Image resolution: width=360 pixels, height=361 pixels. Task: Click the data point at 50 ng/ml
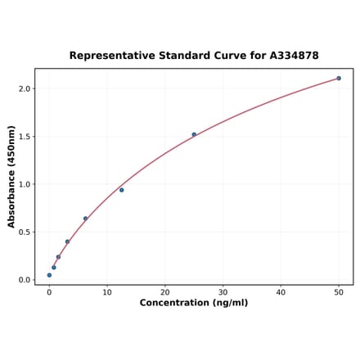tap(339, 79)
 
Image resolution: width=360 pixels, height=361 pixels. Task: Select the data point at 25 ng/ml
tap(194, 134)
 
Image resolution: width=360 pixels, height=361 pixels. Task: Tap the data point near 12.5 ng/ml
tap(122, 190)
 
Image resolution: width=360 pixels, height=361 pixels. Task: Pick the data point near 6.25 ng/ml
tap(85, 219)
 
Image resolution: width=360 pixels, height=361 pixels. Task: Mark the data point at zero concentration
tap(49, 275)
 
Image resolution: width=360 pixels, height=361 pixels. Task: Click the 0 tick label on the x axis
tap(49, 291)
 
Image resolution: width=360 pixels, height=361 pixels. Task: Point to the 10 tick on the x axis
tap(107, 291)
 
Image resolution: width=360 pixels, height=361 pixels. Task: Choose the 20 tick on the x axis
tap(165, 291)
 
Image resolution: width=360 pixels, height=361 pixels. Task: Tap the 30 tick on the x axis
tap(223, 291)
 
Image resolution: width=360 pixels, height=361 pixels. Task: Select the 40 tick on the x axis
tap(281, 291)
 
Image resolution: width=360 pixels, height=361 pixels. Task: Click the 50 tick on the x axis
tap(339, 291)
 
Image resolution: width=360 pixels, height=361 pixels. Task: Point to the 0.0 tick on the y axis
tap(25, 280)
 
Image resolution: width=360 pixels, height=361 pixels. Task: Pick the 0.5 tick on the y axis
tap(25, 232)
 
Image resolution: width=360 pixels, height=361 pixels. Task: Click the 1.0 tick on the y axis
tap(25, 184)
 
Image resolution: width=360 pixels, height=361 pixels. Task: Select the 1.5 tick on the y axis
tap(25, 137)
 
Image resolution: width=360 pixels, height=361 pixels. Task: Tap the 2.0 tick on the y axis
tap(25, 88)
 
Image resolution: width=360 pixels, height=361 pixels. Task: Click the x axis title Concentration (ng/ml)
tap(194, 303)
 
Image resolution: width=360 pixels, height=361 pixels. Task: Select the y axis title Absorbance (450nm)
tap(11, 176)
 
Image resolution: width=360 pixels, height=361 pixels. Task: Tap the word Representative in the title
tap(110, 56)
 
